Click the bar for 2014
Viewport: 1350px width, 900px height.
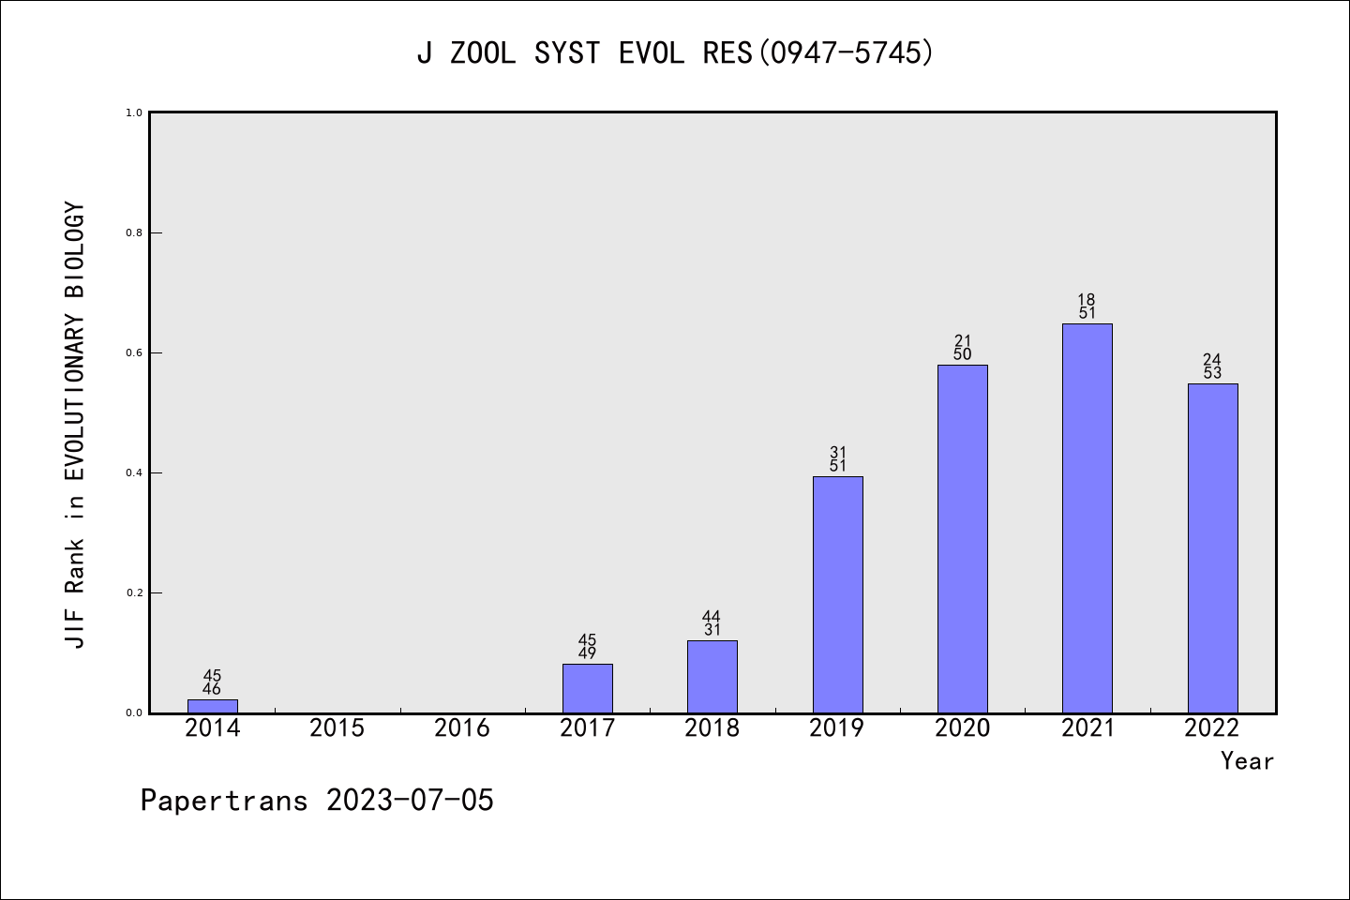click(213, 706)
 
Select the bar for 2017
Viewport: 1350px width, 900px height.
click(588, 688)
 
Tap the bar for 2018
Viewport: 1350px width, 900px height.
click(712, 677)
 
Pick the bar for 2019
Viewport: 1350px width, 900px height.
click(837, 594)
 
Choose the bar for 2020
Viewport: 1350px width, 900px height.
click(963, 539)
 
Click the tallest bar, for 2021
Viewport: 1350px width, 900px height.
click(1087, 518)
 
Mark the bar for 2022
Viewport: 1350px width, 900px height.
click(1212, 548)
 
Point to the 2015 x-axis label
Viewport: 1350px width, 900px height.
click(337, 728)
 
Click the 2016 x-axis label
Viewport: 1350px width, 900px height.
click(462, 728)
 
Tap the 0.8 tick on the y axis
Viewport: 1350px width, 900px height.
click(134, 232)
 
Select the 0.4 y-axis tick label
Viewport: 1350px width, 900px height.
click(134, 472)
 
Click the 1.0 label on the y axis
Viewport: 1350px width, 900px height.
click(134, 112)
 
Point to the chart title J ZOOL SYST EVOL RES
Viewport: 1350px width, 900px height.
click(675, 53)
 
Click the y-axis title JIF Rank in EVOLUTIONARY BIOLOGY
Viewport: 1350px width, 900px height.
click(75, 424)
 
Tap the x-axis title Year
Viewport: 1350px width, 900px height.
click(1247, 761)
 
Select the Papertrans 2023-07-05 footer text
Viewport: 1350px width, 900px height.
click(317, 801)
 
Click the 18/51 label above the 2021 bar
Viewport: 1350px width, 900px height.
click(1087, 307)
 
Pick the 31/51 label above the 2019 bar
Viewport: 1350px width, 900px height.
click(838, 459)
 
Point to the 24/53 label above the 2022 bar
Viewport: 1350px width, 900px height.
click(1212, 367)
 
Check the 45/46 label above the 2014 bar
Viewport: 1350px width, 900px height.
click(212, 682)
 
